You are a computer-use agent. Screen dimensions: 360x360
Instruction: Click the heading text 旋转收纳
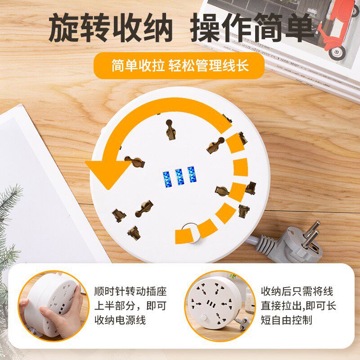110,28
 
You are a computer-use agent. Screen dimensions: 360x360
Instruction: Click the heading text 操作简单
252,28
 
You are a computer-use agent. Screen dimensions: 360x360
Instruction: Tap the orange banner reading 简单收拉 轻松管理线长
180,66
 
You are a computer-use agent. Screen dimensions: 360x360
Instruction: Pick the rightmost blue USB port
192,175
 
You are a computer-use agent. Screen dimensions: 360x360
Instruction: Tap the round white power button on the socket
189,231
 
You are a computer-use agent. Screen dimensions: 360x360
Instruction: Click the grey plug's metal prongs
311,234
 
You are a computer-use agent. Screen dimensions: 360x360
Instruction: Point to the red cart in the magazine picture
338,27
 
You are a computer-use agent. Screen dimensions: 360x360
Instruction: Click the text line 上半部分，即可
130,306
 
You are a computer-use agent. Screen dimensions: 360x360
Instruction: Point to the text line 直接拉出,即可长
298,306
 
